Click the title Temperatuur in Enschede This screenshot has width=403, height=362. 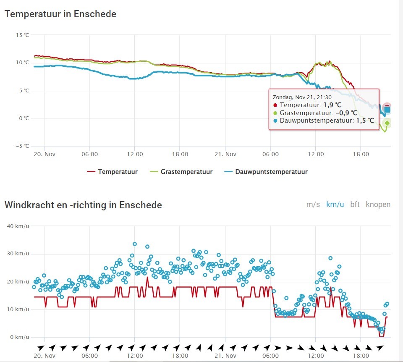[60, 14]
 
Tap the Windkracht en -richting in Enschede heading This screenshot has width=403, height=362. [83, 205]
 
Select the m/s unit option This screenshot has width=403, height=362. [313, 205]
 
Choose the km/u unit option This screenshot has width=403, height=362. [335, 205]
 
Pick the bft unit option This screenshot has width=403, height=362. [355, 205]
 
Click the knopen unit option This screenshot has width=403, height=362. [378, 205]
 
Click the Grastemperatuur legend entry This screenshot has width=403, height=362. [181, 172]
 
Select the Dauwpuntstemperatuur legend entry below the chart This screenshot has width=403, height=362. [266, 172]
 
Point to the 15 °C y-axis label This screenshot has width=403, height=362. [23, 35]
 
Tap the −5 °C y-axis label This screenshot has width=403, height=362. [23, 146]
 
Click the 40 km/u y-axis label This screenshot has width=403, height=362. [18, 226]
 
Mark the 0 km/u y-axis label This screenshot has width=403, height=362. [20, 337]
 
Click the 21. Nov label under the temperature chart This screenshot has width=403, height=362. [225, 154]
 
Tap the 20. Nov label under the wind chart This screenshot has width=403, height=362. [44, 356]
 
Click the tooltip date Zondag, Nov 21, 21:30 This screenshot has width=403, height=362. [302, 97]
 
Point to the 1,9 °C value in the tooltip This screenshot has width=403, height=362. [332, 105]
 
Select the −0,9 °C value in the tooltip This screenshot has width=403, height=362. [346, 113]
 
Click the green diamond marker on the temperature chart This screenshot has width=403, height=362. [387, 123]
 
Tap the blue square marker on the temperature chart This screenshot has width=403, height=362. [387, 110]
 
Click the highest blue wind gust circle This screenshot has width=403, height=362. [135, 244]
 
